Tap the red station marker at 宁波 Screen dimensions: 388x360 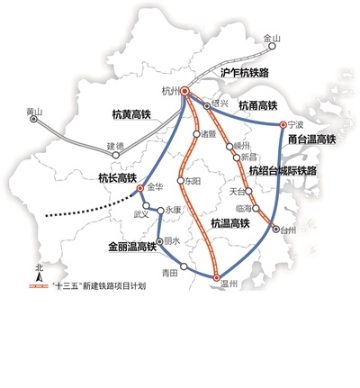pos(283,124)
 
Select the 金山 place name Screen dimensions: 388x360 pos(271,38)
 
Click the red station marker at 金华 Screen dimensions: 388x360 pos(140,189)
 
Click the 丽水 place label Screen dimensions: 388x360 pos(173,241)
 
